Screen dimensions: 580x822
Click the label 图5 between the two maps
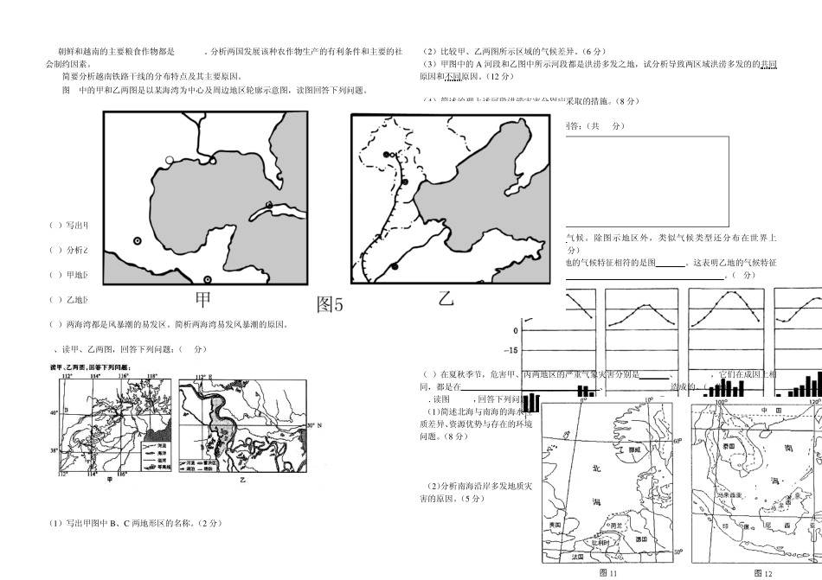point(330,304)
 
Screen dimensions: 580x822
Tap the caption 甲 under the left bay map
point(202,300)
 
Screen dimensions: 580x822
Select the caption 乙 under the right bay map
point(446,299)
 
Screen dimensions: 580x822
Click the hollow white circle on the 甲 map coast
point(170,160)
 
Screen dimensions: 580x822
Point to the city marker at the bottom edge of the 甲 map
point(207,279)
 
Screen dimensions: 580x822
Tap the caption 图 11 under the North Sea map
point(608,573)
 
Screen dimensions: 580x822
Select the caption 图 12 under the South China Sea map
point(762,573)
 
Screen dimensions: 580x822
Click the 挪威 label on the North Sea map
point(633,450)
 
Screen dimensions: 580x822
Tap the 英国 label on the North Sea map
point(555,525)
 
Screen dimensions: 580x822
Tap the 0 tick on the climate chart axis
point(516,331)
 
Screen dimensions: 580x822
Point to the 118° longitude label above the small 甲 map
point(152,377)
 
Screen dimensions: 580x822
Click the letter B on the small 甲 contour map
point(67,410)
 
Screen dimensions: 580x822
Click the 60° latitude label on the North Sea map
point(678,441)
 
